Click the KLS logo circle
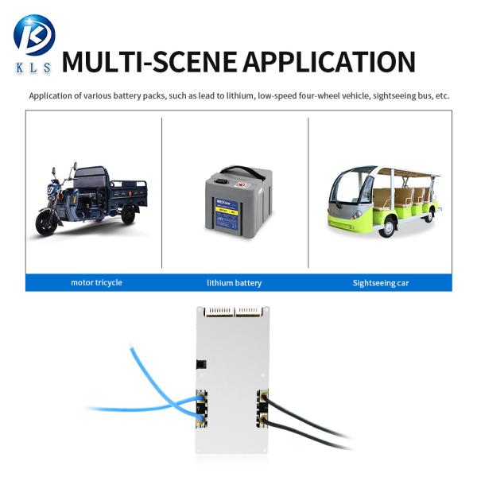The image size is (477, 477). [33, 35]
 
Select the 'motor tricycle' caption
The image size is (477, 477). [96, 282]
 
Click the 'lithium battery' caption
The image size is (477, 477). [234, 282]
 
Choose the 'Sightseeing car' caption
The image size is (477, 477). [380, 282]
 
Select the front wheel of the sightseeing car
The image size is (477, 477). [387, 226]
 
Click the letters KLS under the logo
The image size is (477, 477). [33, 68]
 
